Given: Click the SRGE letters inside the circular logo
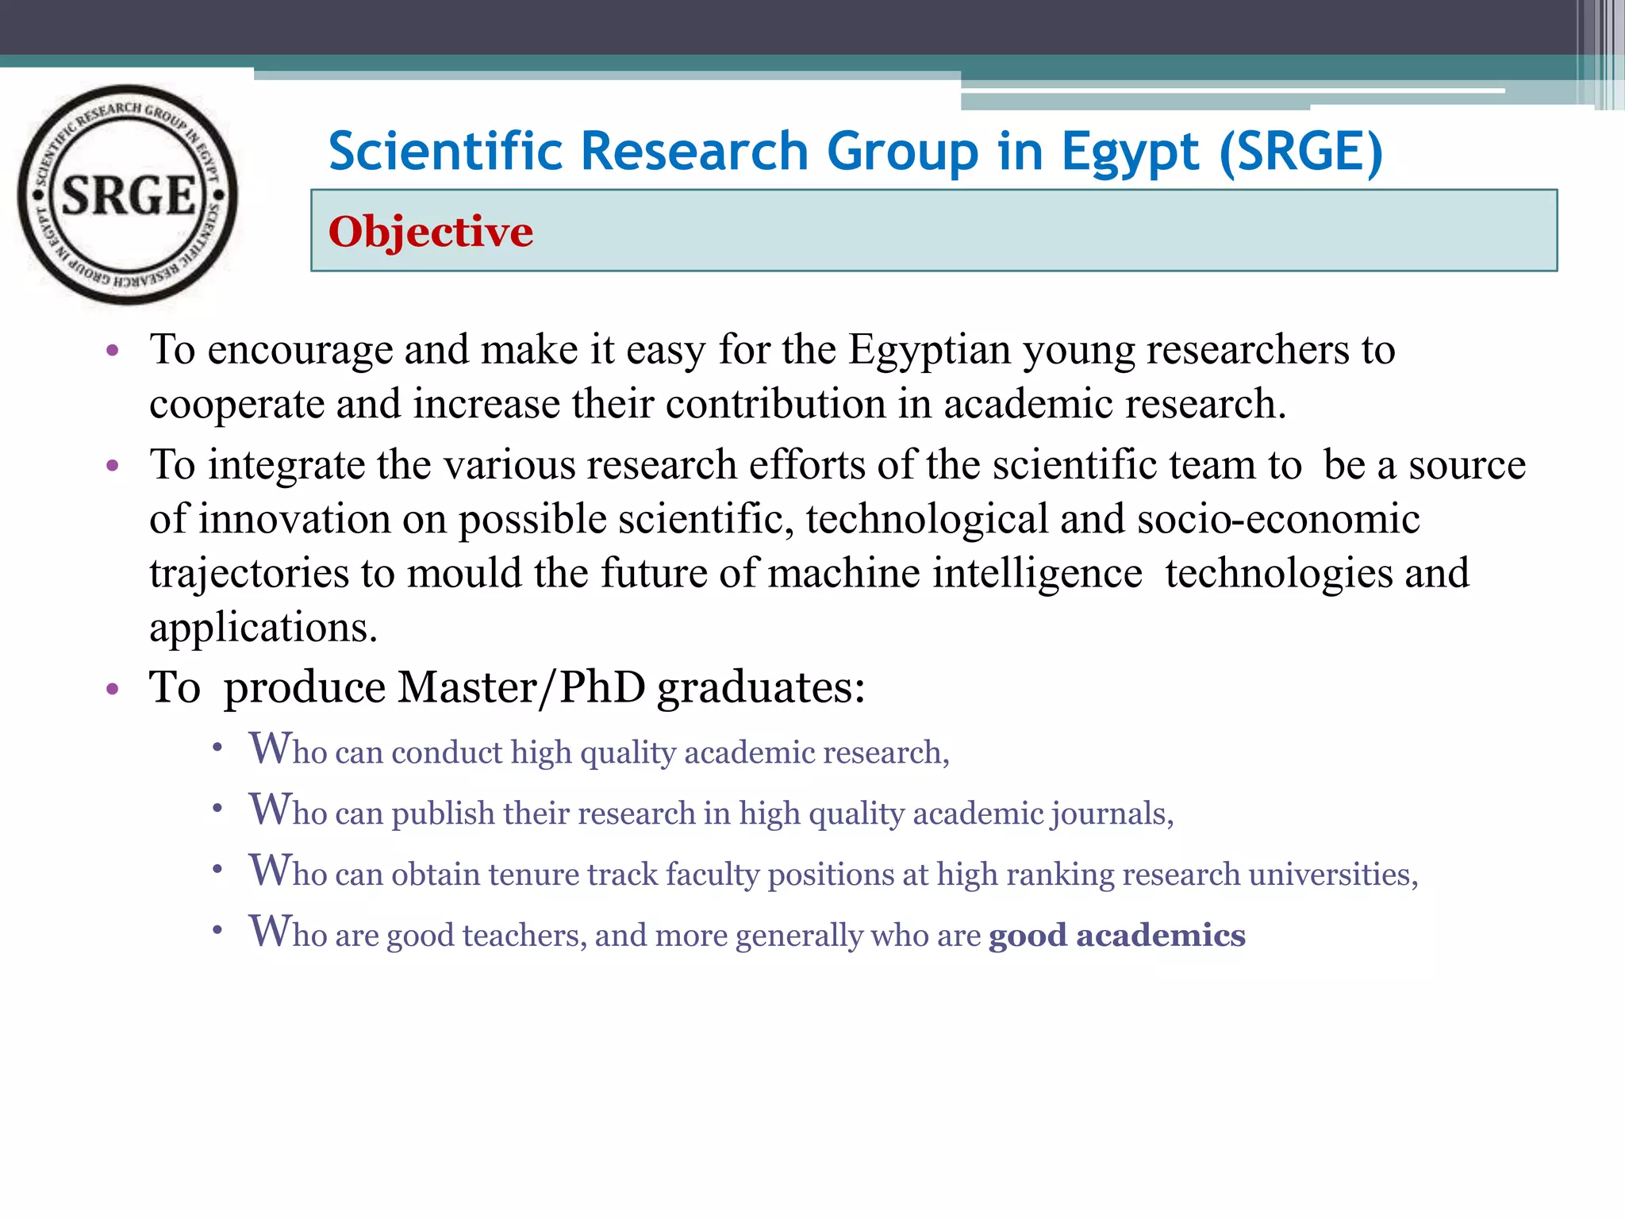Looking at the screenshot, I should click(x=128, y=195).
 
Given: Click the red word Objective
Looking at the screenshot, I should click(x=431, y=232).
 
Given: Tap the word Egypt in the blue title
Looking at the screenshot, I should click(x=1130, y=152).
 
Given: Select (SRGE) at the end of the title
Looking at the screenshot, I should click(x=1301, y=152).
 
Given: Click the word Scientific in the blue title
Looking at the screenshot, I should click(x=448, y=152).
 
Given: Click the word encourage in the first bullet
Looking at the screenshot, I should click(x=300, y=350).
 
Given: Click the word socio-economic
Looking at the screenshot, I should click(x=1278, y=519).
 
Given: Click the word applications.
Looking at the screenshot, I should click(x=263, y=628).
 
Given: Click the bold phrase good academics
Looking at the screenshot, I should click(x=1116, y=935).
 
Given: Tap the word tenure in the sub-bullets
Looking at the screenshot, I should click(x=533, y=875).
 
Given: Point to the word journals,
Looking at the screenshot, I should click(x=1112, y=813).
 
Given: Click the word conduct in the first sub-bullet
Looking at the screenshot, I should click(x=447, y=752).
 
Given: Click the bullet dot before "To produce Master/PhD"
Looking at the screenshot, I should click(x=113, y=688).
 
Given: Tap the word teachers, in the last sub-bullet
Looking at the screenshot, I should click(x=524, y=936).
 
